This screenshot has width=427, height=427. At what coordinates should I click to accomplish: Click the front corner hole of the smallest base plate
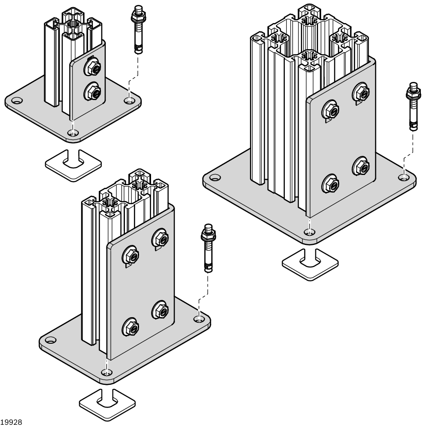pyautogui.click(x=72, y=132)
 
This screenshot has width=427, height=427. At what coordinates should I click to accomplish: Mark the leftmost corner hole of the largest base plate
pyautogui.click(x=215, y=178)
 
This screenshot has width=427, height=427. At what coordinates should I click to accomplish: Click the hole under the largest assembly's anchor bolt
pyautogui.click(x=404, y=177)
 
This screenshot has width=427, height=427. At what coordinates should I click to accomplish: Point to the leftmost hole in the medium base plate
pyautogui.click(x=51, y=340)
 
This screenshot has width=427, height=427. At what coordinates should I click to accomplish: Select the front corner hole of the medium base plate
pyautogui.click(x=106, y=373)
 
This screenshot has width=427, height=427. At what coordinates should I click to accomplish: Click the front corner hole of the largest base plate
pyautogui.click(x=310, y=232)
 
